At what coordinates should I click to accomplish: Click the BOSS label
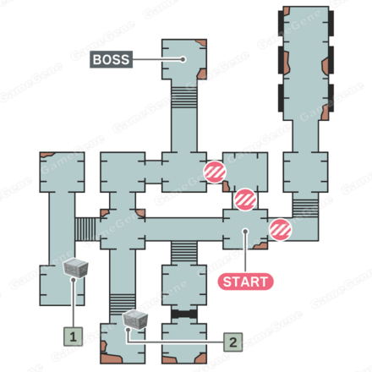coord(111,59)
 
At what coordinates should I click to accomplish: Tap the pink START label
coord(245,282)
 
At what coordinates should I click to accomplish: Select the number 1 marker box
coord(73,336)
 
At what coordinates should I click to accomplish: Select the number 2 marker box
coord(233,342)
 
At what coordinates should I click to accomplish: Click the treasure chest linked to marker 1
coord(75,268)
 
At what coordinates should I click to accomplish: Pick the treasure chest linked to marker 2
coord(135,320)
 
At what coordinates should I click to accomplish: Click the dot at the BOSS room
coord(183,59)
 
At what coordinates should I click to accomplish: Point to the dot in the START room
coord(245,232)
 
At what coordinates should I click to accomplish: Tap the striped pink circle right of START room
coord(280,230)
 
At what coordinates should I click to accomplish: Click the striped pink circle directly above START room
coord(245,200)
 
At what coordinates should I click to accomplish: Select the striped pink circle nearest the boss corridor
coord(215,172)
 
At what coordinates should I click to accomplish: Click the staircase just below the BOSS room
coord(184,97)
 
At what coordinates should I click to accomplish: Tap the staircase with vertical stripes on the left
coord(85,229)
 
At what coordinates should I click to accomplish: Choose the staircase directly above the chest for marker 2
coord(123,304)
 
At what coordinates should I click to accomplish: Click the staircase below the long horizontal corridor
coord(184,252)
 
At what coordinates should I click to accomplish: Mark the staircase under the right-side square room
coord(305,208)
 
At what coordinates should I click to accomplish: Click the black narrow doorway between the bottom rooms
coord(184,314)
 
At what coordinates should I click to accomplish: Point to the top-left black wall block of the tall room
coord(281,24)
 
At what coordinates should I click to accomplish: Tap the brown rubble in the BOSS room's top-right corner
coord(201,43)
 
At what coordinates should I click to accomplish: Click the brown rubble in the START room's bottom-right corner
coord(260,246)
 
